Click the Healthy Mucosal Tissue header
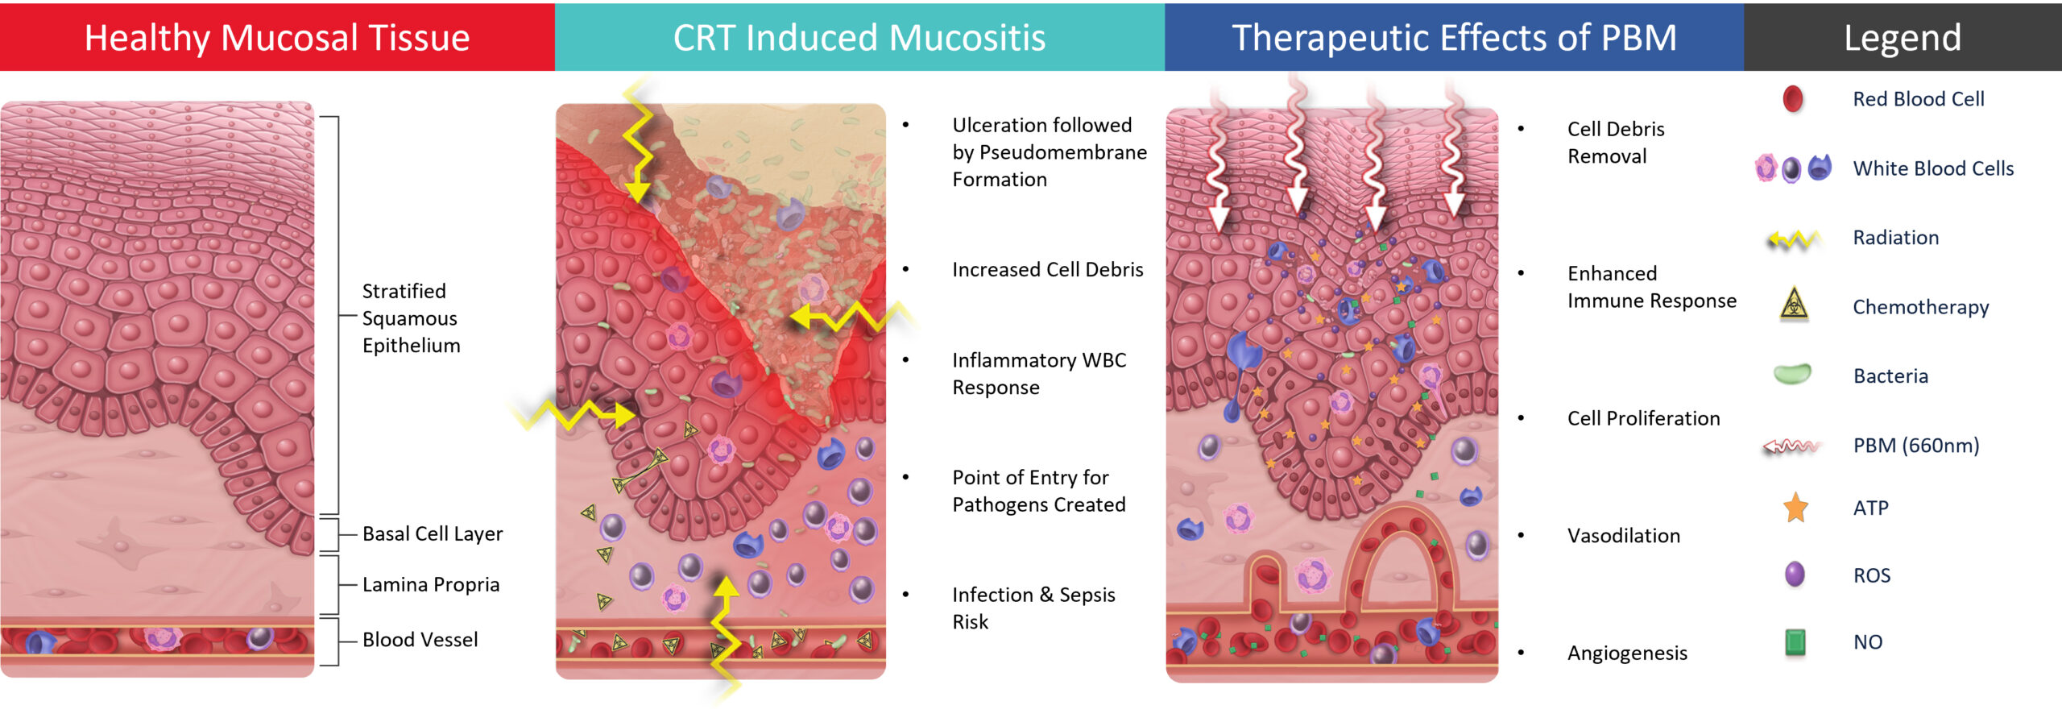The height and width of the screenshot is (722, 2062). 277,38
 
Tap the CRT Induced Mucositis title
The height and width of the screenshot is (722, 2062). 859,38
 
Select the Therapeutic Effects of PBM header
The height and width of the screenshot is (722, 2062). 1454,38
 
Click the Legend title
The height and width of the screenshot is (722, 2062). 1903,38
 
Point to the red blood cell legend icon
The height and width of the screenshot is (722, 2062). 1793,99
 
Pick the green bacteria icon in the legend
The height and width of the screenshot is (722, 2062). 1793,375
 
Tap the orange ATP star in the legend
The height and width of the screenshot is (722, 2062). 1795,508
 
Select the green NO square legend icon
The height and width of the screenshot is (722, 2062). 1795,641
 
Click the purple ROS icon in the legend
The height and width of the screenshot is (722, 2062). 1795,575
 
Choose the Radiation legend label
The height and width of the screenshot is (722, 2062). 1895,238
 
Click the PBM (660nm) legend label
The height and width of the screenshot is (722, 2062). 1915,446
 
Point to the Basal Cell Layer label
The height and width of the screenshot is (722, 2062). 433,533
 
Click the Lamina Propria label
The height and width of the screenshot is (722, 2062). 431,584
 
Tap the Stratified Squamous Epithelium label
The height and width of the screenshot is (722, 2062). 411,318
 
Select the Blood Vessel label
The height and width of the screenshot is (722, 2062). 420,640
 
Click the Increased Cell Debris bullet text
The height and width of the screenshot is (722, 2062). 1047,270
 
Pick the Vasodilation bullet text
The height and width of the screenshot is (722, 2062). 1623,536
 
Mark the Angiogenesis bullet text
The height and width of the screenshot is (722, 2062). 1627,653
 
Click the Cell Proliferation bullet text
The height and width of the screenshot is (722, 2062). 1643,418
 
